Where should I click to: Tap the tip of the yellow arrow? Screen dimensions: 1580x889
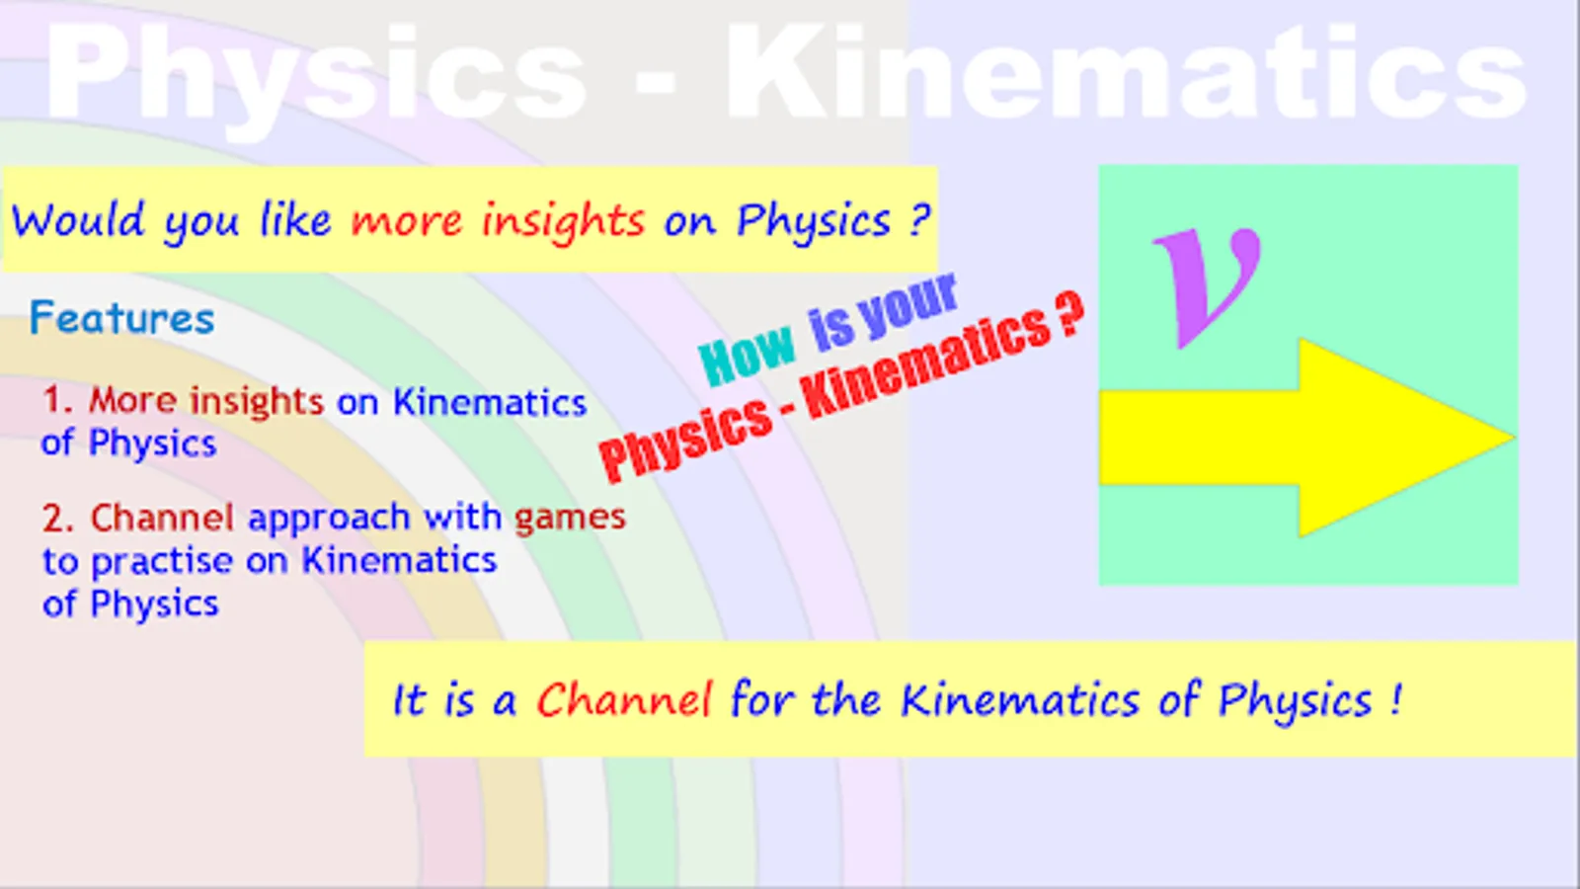coord(1515,439)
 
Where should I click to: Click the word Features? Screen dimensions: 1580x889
coord(122,317)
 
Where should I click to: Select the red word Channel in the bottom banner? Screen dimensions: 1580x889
coord(623,699)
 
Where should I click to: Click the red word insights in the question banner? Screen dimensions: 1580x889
coord(563,221)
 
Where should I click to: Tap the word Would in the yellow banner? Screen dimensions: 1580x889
coord(78,220)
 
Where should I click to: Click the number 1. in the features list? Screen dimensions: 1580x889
coord(58,400)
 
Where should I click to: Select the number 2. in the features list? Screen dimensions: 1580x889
coord(58,518)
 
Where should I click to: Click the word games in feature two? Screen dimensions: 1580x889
coord(570,519)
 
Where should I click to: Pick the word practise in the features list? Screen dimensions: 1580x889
coord(162,562)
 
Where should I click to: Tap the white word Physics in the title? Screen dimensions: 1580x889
coord(316,74)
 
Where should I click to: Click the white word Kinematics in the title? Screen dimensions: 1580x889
coord(1127,70)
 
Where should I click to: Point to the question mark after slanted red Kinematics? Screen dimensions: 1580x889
coord(1067,314)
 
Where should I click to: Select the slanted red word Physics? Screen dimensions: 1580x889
coord(685,439)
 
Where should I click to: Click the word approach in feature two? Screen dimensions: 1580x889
coord(329,519)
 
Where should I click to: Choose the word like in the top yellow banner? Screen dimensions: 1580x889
coord(295,220)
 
